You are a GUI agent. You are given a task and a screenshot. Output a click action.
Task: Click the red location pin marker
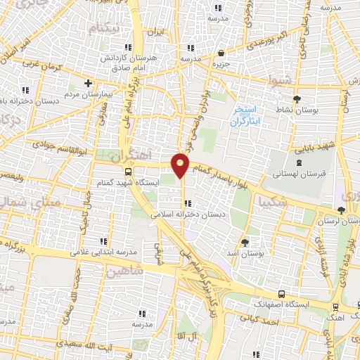pyautogui.click(x=181, y=165)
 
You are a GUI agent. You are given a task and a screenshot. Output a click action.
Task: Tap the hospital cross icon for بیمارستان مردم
pyautogui.click(x=88, y=82)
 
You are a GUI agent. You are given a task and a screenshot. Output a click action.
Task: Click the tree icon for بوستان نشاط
pyautogui.click(x=297, y=98)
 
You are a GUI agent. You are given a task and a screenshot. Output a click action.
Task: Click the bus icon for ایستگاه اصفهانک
pyautogui.click(x=282, y=295)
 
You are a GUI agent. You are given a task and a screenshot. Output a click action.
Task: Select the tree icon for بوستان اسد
pyautogui.click(x=245, y=241)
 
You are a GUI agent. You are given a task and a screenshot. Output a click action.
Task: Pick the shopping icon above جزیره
pyautogui.click(x=221, y=53)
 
